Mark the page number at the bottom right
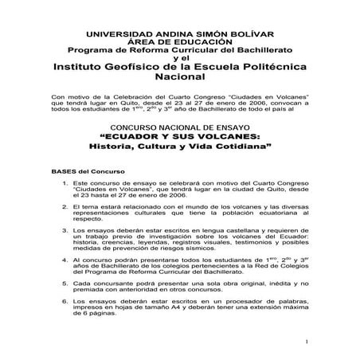tap(306, 342)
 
